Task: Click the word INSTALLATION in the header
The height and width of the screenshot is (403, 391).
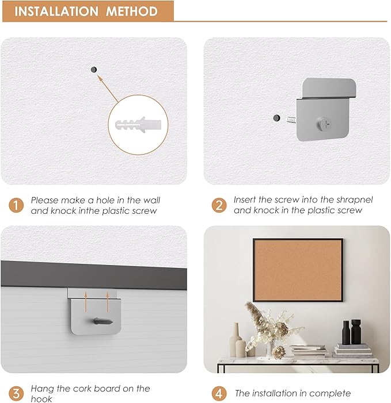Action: (57, 11)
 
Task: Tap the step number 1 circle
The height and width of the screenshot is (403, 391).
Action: (16, 205)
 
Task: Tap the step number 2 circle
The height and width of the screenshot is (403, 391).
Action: (219, 205)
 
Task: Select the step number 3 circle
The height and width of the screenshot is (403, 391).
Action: (16, 394)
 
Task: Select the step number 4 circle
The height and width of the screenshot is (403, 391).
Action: (219, 394)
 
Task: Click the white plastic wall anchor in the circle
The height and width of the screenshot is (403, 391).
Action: (138, 126)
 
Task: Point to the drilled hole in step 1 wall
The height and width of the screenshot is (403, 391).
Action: (93, 69)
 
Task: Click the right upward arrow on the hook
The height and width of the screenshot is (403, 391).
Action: (108, 296)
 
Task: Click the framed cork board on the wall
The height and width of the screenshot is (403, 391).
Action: (298, 270)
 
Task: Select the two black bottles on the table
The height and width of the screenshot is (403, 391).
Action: (351, 332)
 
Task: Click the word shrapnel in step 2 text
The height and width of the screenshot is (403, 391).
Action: (353, 200)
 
